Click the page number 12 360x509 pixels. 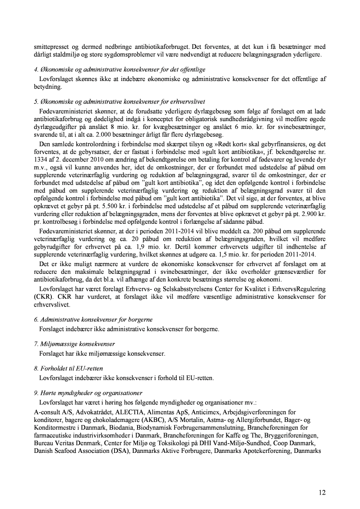click(x=322, y=492)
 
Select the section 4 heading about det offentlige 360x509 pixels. click(x=120, y=69)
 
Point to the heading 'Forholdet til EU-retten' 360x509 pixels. click(x=68, y=368)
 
